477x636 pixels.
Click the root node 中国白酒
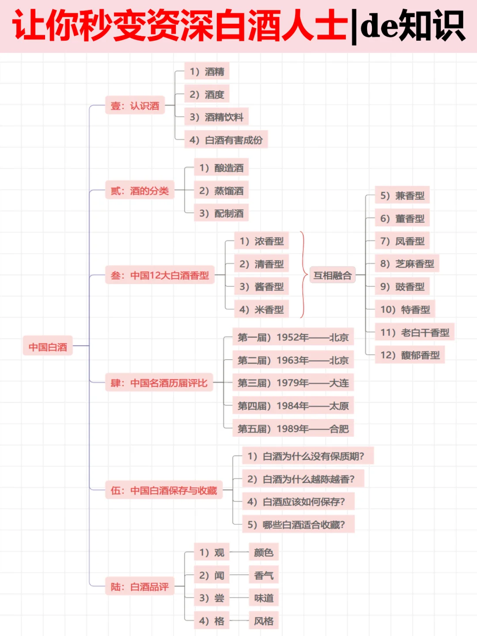[x=48, y=347]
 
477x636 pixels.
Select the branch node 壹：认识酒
[x=135, y=106]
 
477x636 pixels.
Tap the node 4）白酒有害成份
[x=226, y=140]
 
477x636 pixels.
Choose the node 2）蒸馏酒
[x=221, y=191]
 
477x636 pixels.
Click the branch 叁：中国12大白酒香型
[x=159, y=276]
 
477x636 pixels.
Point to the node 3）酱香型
[x=261, y=287]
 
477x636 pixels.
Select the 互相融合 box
[x=332, y=276]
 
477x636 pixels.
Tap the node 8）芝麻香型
[x=407, y=264]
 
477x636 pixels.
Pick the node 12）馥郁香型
[x=409, y=355]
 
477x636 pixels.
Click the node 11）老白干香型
[x=414, y=332]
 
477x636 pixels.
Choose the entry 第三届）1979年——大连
[x=293, y=383]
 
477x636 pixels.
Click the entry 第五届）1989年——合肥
[x=293, y=429]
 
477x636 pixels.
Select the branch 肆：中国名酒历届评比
[x=159, y=383]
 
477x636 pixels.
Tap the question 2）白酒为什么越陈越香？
[x=303, y=479]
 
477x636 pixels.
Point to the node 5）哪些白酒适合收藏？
[x=298, y=525]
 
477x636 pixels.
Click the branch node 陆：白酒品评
[x=140, y=587]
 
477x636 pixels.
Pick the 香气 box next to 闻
[x=264, y=575]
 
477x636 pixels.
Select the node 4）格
[x=212, y=621]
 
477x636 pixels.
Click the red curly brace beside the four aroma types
[x=303, y=274]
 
